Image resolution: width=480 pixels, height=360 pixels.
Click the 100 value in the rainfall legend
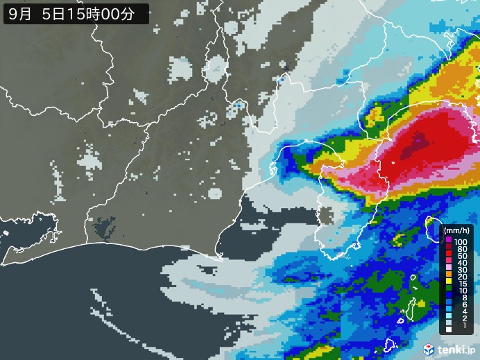[461, 241]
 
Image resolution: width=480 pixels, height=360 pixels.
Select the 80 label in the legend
[461, 248]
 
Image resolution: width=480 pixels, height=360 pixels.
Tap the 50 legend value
[461, 256]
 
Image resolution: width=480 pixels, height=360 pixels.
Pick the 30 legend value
[461, 271]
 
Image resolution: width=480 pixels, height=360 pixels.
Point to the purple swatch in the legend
[449, 241]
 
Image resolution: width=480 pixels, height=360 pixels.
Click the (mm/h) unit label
[457, 231]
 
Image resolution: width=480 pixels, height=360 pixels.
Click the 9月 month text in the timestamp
[19, 12]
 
